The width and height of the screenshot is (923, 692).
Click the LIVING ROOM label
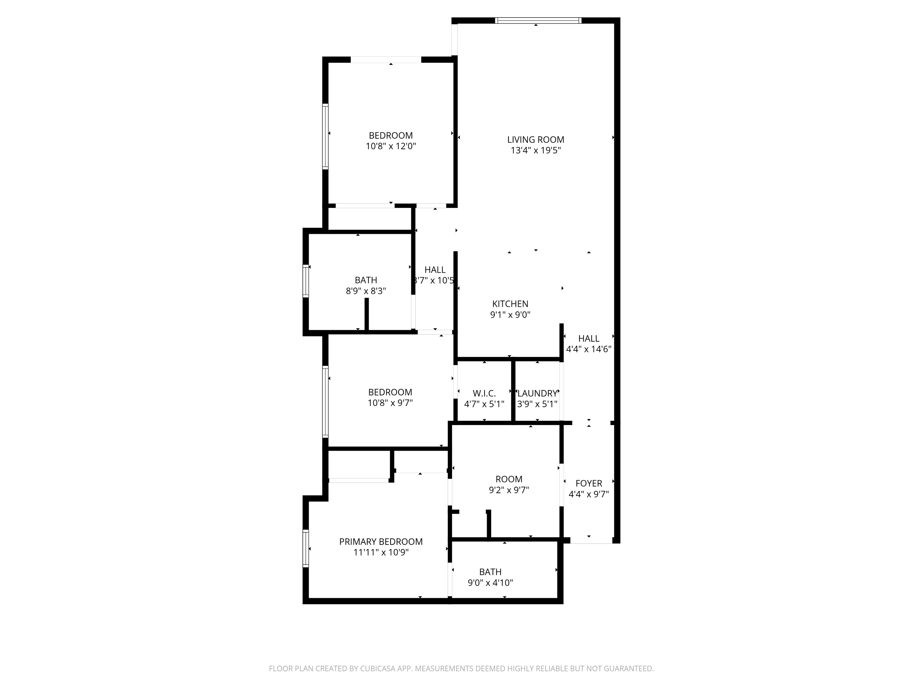point(536,140)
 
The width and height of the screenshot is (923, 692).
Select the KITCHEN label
point(510,304)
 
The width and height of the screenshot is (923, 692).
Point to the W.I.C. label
point(484,393)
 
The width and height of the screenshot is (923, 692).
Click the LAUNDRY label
point(537,393)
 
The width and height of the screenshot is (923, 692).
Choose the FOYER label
point(589,483)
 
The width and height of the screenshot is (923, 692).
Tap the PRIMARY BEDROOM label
point(381,542)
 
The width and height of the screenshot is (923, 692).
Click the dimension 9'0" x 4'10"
point(490,583)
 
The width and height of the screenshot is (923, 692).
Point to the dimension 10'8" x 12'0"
point(391,146)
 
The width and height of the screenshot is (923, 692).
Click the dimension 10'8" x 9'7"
point(390,403)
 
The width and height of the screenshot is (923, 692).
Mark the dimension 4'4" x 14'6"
point(589,349)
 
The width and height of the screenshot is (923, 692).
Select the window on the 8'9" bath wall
point(306,281)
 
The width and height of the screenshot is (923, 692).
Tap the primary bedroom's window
point(306,548)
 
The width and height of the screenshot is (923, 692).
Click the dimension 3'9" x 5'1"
point(537,404)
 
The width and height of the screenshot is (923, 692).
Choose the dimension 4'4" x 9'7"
point(589,494)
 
